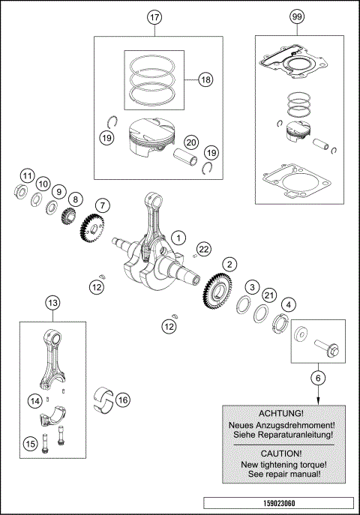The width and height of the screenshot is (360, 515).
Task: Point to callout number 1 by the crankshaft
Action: (x=178, y=238)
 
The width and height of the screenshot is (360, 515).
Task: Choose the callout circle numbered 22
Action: (x=204, y=249)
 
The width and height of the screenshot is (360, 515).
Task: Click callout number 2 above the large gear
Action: (x=229, y=263)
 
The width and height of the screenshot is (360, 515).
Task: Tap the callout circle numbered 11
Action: (x=27, y=176)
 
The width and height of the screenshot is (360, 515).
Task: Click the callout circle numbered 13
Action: (x=52, y=303)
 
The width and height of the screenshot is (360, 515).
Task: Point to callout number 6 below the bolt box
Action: (x=318, y=379)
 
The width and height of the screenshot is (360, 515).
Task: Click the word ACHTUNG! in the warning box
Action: (x=281, y=413)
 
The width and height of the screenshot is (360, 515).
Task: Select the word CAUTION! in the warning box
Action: (x=281, y=454)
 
